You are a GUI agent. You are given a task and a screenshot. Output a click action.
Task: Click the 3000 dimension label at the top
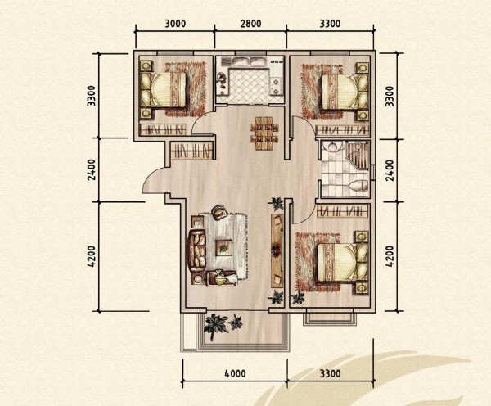(x=175, y=24)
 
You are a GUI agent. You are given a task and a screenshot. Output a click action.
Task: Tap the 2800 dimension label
(x=250, y=24)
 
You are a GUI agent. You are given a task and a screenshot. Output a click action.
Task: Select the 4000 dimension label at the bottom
(x=235, y=373)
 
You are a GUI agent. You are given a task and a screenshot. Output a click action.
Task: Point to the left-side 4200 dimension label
(x=92, y=256)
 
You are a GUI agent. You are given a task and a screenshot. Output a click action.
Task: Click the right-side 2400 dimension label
(x=390, y=171)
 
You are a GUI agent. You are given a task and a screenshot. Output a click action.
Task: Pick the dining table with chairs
(x=264, y=133)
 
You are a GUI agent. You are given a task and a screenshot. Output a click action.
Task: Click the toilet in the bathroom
(x=358, y=186)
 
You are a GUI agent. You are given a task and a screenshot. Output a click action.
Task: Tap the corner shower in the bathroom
(x=357, y=155)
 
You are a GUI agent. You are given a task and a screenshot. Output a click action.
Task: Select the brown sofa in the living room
(x=196, y=250)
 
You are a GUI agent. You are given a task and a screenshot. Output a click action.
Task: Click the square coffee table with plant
(x=223, y=248)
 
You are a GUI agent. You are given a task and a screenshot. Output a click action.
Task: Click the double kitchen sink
(x=250, y=61)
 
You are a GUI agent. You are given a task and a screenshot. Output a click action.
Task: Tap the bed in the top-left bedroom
(x=164, y=90)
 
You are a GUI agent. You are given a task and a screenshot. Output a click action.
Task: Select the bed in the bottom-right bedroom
(x=342, y=263)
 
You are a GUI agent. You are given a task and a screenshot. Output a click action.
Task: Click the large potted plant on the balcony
(x=215, y=327)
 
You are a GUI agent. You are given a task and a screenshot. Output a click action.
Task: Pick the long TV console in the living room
(x=277, y=250)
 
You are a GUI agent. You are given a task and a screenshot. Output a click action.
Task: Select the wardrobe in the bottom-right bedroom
(x=342, y=211)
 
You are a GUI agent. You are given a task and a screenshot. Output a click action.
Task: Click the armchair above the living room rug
(x=219, y=211)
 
